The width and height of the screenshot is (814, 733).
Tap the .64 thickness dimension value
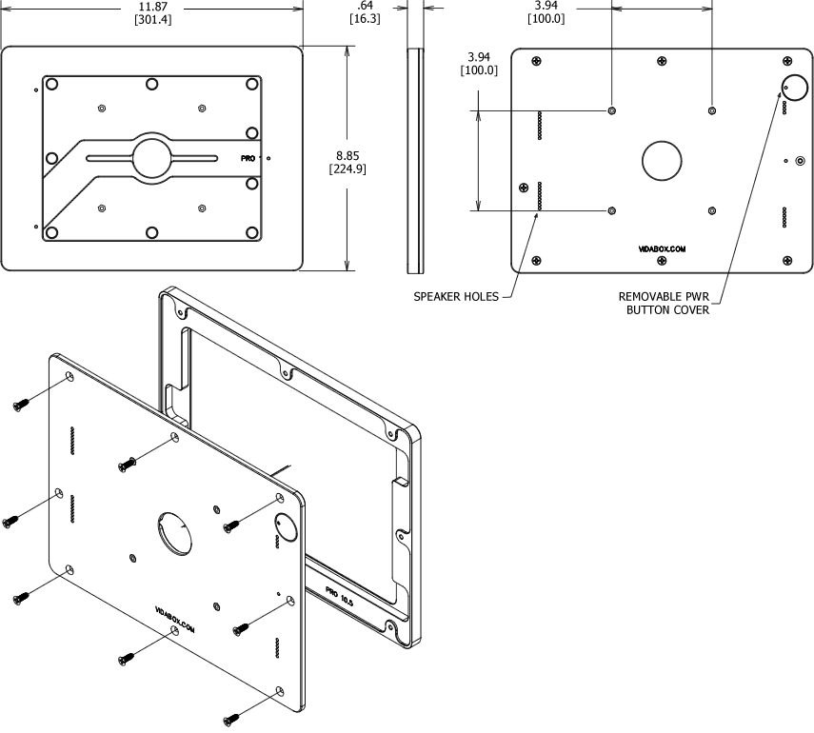(x=365, y=6)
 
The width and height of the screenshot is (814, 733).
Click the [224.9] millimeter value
(x=347, y=169)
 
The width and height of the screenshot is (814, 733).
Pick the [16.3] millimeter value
(x=365, y=19)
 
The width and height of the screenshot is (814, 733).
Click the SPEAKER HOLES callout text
(x=455, y=297)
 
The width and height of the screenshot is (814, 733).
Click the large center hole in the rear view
(x=662, y=160)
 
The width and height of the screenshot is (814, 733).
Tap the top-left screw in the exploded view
(x=19, y=406)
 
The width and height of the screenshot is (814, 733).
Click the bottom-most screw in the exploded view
(x=230, y=720)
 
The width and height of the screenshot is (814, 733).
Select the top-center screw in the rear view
(x=662, y=63)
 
